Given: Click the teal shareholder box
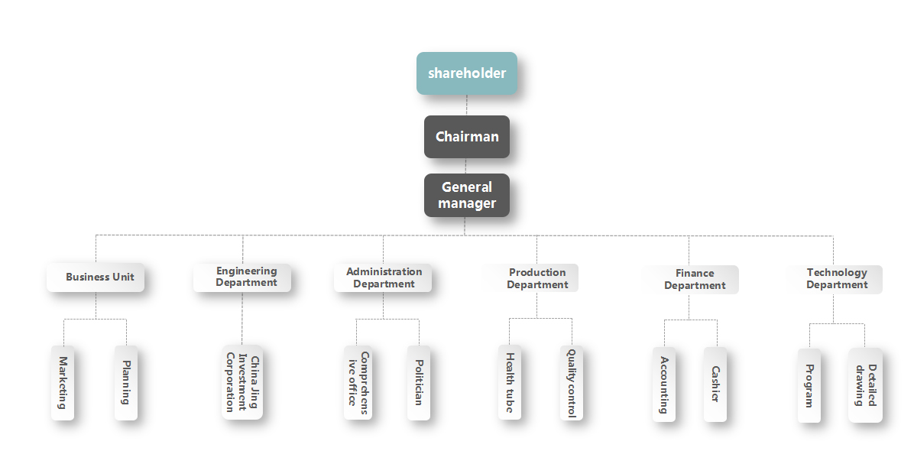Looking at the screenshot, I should [x=467, y=73].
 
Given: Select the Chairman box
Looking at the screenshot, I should [x=467, y=137].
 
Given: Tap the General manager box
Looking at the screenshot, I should [x=467, y=195].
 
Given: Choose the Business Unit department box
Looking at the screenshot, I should [x=96, y=277].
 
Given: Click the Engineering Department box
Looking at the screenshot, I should [x=242, y=277].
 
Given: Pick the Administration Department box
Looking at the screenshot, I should [x=383, y=277].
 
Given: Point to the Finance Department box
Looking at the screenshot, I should [x=692, y=279].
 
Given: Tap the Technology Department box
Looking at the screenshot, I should [x=835, y=279].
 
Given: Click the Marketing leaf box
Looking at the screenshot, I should [x=63, y=382].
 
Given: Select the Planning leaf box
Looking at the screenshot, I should [x=126, y=382].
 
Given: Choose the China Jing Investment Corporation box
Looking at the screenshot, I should [x=242, y=383].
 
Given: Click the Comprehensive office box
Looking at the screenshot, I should [x=358, y=383].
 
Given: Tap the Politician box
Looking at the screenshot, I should [x=419, y=383].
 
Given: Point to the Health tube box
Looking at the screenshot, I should [x=510, y=383].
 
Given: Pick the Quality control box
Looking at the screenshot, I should [x=572, y=383].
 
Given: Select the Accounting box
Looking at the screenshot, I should [x=664, y=384].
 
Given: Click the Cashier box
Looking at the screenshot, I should [x=715, y=384].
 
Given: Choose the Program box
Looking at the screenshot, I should [x=809, y=385].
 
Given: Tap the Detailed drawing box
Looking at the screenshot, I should [x=865, y=385].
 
